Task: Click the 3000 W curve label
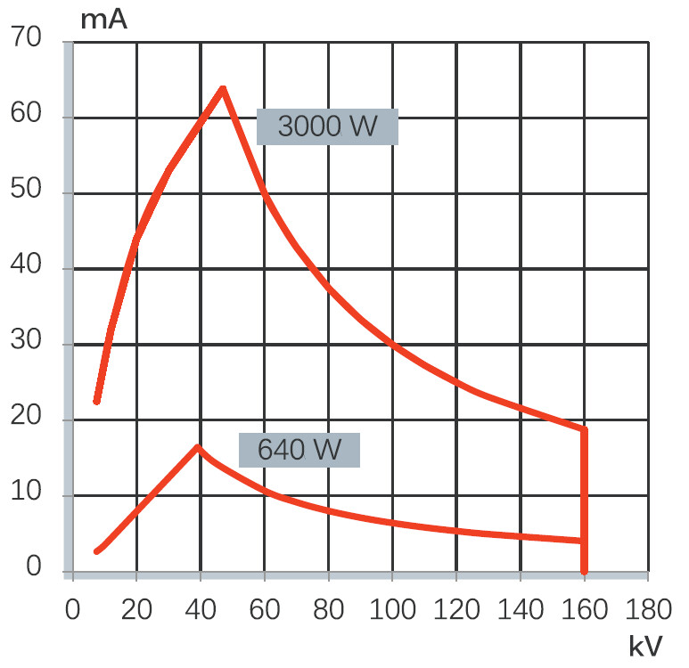click(327, 126)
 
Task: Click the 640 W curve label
click(299, 450)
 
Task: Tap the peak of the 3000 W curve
click(223, 87)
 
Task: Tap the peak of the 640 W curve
click(197, 446)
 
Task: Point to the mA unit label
click(103, 20)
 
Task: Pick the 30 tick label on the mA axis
click(29, 344)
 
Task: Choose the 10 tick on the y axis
click(29, 494)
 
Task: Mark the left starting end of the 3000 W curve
click(96, 401)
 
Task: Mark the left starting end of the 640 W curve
click(96, 551)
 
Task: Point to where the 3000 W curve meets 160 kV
click(585, 429)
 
